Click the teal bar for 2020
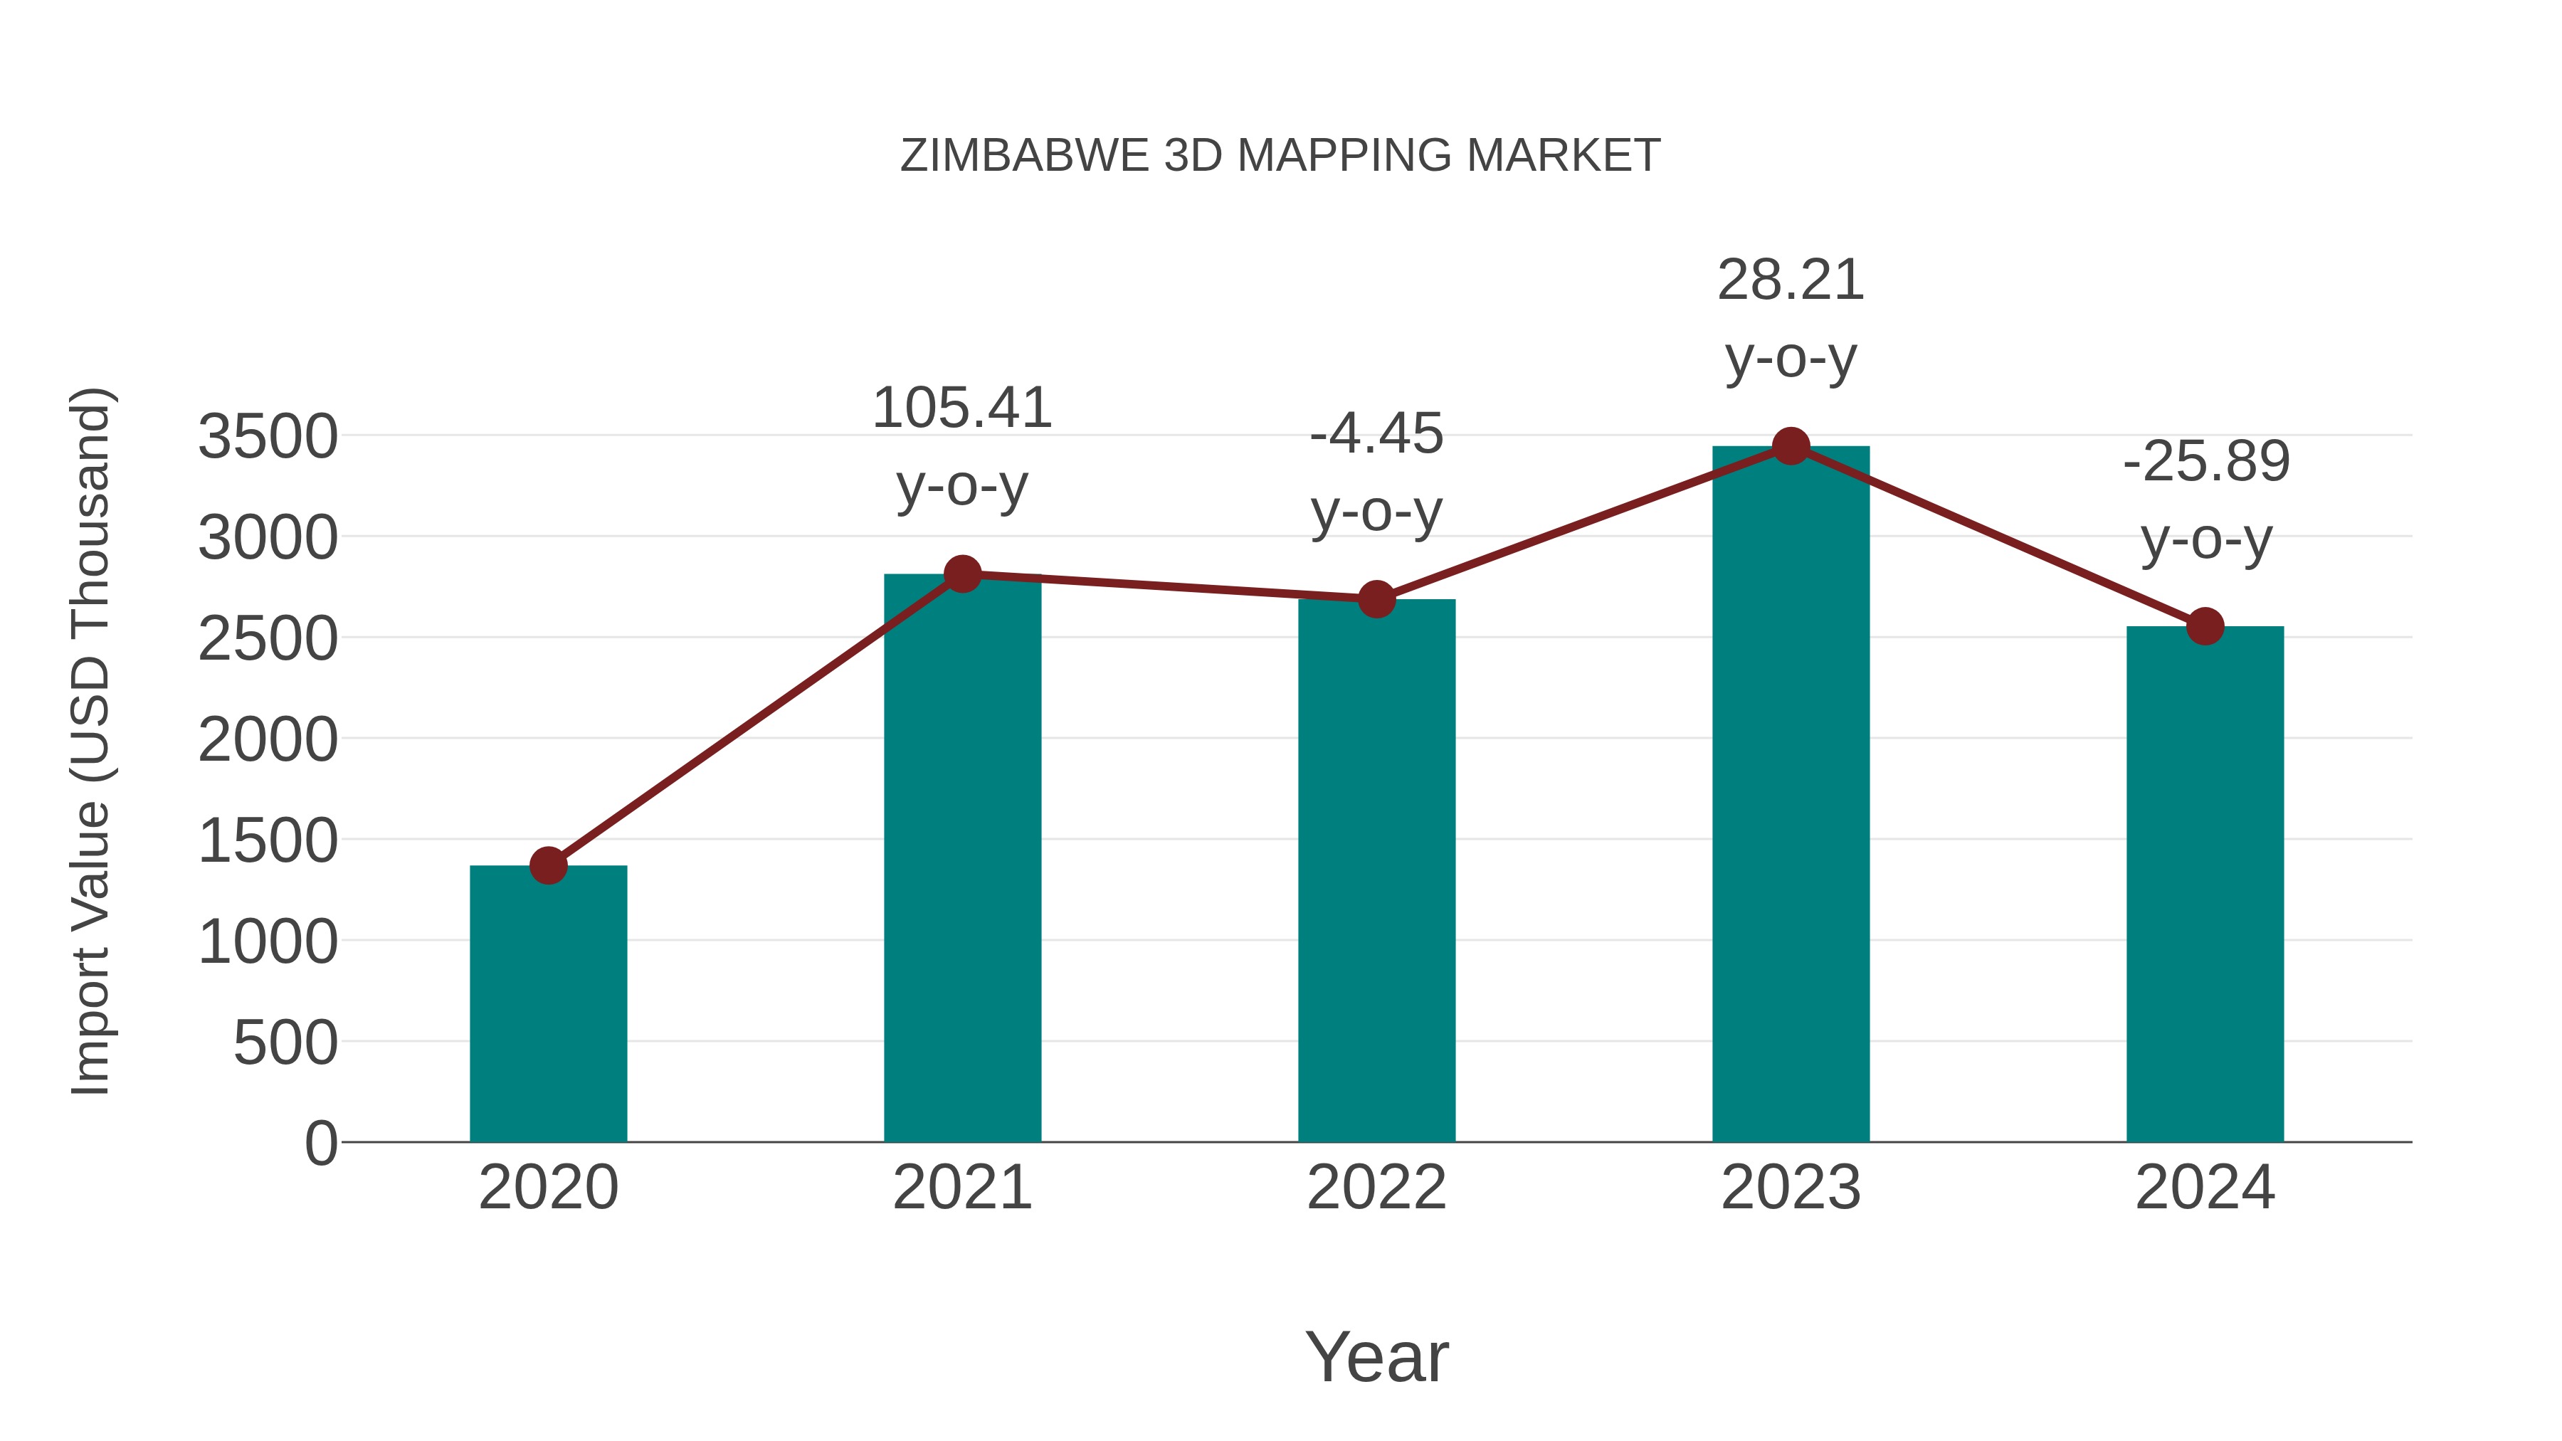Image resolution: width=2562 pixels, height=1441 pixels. (548, 1004)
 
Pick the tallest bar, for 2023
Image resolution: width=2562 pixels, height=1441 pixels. (1791, 795)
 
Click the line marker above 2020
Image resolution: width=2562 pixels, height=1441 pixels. (548, 865)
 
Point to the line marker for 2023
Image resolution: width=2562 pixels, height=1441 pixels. (1791, 446)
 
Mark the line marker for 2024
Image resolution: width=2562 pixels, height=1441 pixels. (2205, 626)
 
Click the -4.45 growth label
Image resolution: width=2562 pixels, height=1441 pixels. (1376, 435)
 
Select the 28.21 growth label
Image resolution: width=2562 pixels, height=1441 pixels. (1791, 280)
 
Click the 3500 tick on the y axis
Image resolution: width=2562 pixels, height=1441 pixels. (268, 437)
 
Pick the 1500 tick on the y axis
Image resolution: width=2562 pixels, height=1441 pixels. (268, 840)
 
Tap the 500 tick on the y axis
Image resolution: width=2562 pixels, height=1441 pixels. (285, 1043)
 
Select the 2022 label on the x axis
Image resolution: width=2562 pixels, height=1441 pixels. (1376, 1188)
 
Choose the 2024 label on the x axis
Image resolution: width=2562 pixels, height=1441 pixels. (2205, 1188)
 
